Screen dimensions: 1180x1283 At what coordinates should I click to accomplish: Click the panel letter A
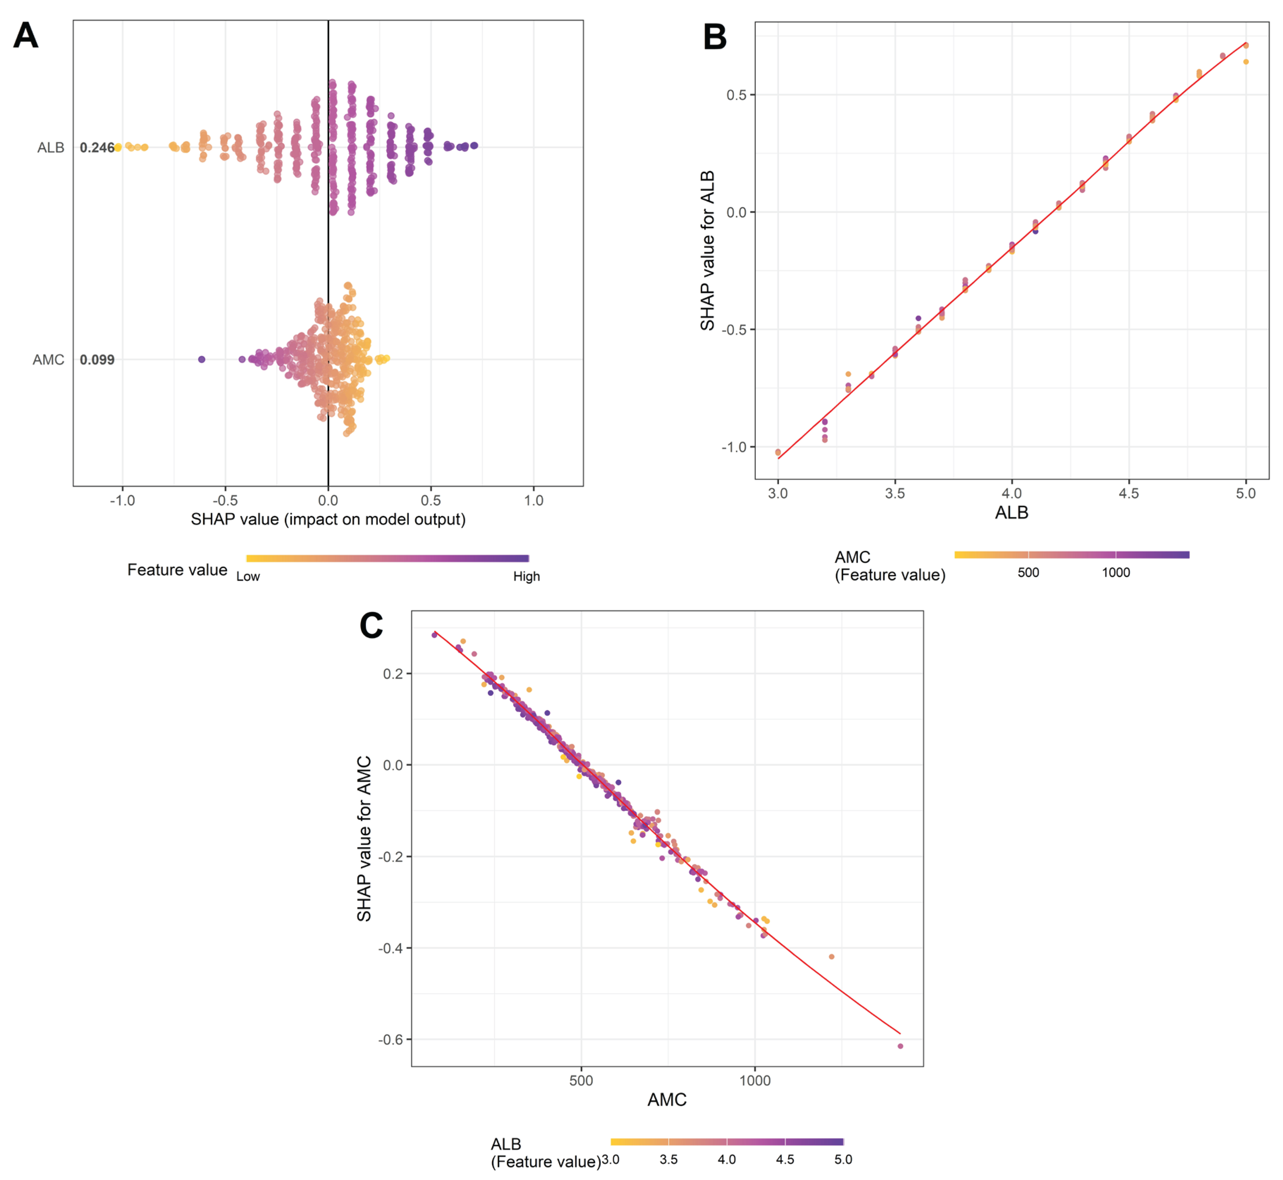(25, 36)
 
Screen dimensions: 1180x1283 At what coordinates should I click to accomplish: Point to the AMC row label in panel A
(49, 359)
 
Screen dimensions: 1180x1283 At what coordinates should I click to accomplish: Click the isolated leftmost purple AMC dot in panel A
(202, 359)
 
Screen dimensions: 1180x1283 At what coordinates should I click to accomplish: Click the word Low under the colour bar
(248, 577)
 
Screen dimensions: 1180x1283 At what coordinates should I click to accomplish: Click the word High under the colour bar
(526, 577)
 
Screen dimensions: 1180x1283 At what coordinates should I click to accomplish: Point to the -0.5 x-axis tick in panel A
(225, 501)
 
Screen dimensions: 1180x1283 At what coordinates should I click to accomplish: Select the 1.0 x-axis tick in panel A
(534, 501)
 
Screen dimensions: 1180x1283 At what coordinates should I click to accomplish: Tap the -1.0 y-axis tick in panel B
(734, 447)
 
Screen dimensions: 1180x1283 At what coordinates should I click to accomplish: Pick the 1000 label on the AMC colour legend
(1116, 573)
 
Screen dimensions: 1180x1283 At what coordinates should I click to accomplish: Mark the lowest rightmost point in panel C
(900, 1046)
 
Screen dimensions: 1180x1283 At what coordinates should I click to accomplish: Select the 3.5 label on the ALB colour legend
(668, 1160)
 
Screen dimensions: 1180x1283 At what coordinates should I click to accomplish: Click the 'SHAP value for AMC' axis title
(364, 838)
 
